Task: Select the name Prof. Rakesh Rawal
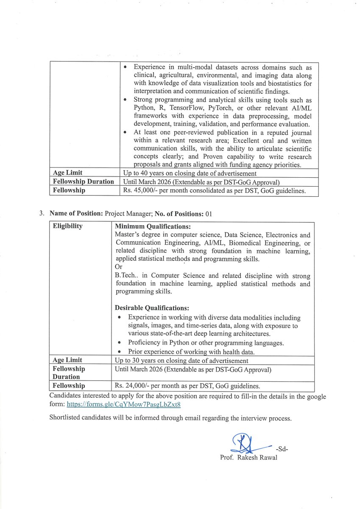(248, 458)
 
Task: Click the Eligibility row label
(67, 226)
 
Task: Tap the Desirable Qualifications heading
(152, 308)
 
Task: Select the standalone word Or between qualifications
(118, 267)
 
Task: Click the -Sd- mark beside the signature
(282, 449)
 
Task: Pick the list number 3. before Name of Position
(42, 214)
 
